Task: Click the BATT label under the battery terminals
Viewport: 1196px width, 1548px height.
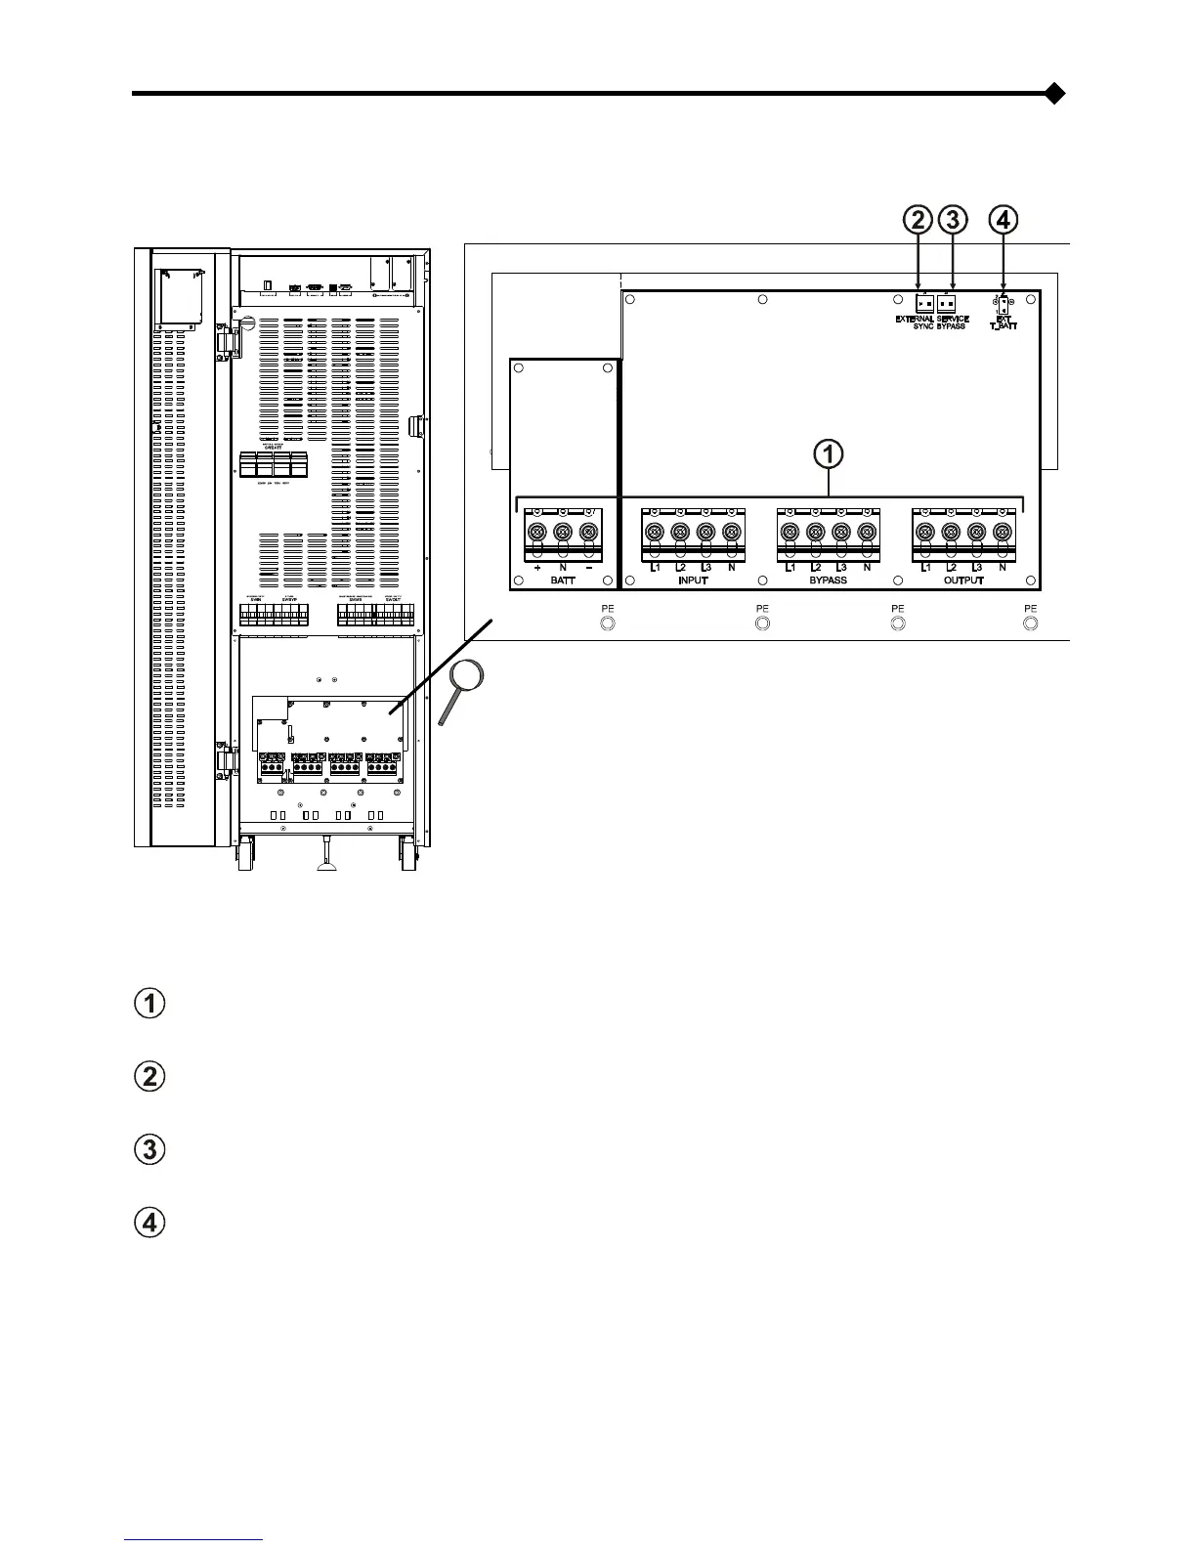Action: [x=563, y=580]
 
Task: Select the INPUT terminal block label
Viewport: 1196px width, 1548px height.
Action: [x=692, y=580]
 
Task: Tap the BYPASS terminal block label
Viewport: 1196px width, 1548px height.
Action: [x=828, y=580]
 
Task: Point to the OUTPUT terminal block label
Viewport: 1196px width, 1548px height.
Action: [x=963, y=580]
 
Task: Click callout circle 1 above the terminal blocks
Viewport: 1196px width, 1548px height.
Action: [x=830, y=454]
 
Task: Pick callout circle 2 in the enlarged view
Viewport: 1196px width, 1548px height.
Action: [x=918, y=220]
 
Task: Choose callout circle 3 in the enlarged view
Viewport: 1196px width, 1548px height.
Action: [x=953, y=220]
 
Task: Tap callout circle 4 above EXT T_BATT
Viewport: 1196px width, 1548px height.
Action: [x=1004, y=220]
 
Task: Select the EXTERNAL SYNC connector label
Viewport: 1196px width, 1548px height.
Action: [x=916, y=322]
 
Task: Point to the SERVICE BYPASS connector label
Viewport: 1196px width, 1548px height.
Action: [x=952, y=322]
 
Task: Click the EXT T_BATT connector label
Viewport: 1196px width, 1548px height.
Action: [x=1004, y=322]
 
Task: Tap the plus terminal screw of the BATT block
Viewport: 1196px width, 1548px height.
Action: [x=537, y=533]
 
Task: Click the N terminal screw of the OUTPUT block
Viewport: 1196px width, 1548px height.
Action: [x=1001, y=533]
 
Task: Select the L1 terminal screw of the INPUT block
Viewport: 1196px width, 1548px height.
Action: [x=655, y=533]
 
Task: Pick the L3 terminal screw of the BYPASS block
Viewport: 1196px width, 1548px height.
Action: [x=839, y=533]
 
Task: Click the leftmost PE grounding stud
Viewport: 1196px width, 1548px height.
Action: [x=607, y=623]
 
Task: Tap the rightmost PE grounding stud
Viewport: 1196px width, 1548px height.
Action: [x=1029, y=623]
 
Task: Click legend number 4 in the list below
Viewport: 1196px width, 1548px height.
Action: [x=149, y=1223]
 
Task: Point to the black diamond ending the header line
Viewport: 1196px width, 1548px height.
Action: [x=1053, y=95]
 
